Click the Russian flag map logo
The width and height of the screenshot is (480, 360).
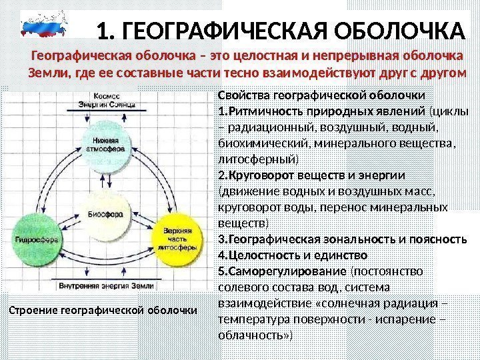[x=45, y=29]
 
